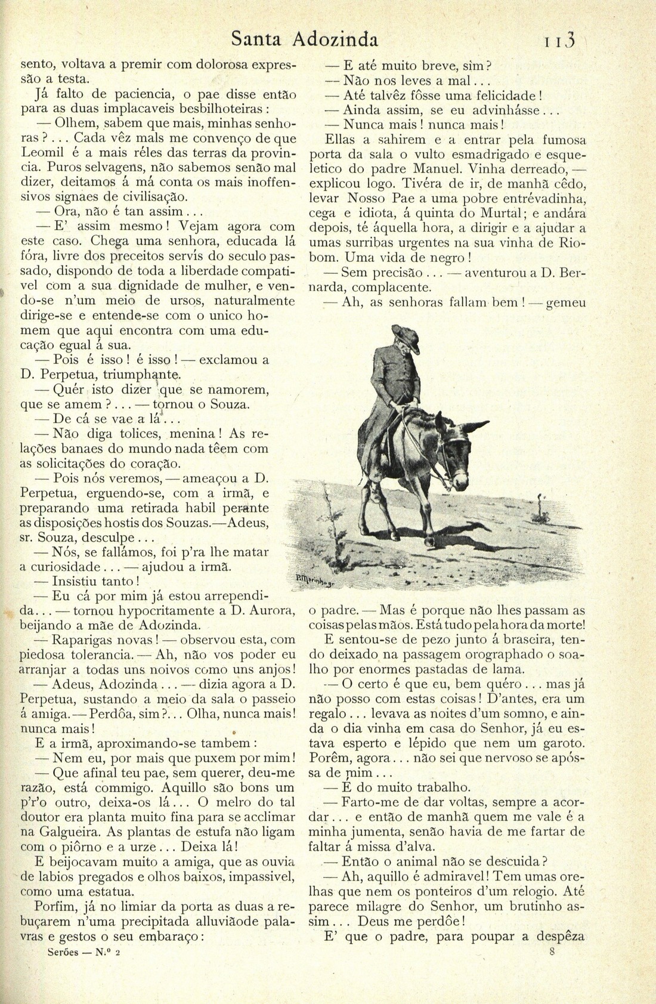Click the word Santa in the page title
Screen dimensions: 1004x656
point(258,39)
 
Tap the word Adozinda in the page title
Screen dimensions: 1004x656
point(335,39)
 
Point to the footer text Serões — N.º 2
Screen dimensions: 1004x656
point(83,953)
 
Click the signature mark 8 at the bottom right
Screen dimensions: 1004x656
point(552,952)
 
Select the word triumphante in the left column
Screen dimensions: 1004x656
point(141,375)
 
